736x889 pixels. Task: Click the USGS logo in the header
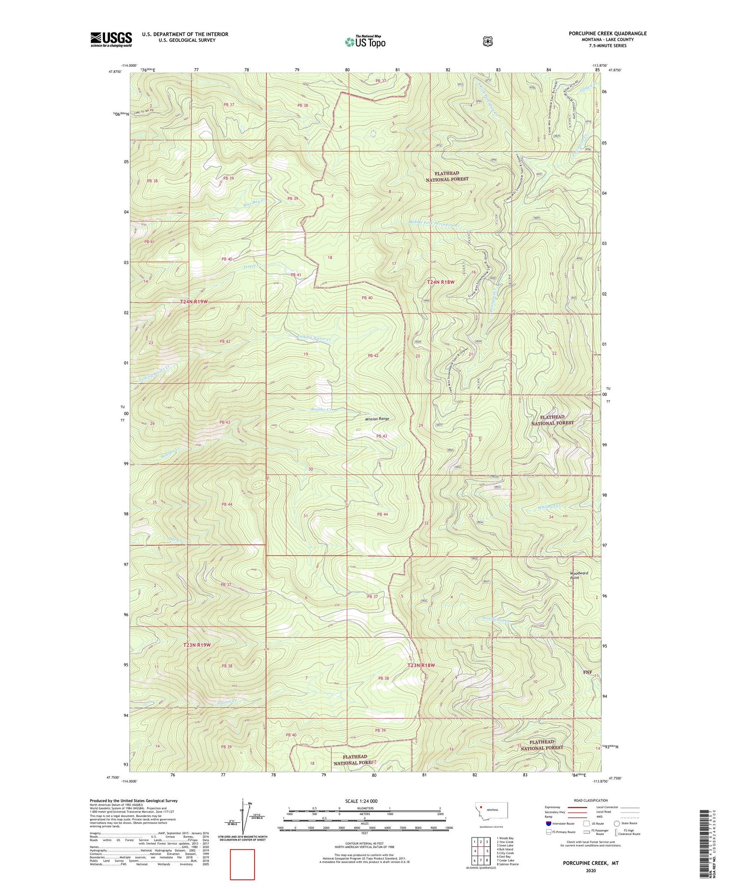(x=111, y=39)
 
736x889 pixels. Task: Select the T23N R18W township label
(x=421, y=665)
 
